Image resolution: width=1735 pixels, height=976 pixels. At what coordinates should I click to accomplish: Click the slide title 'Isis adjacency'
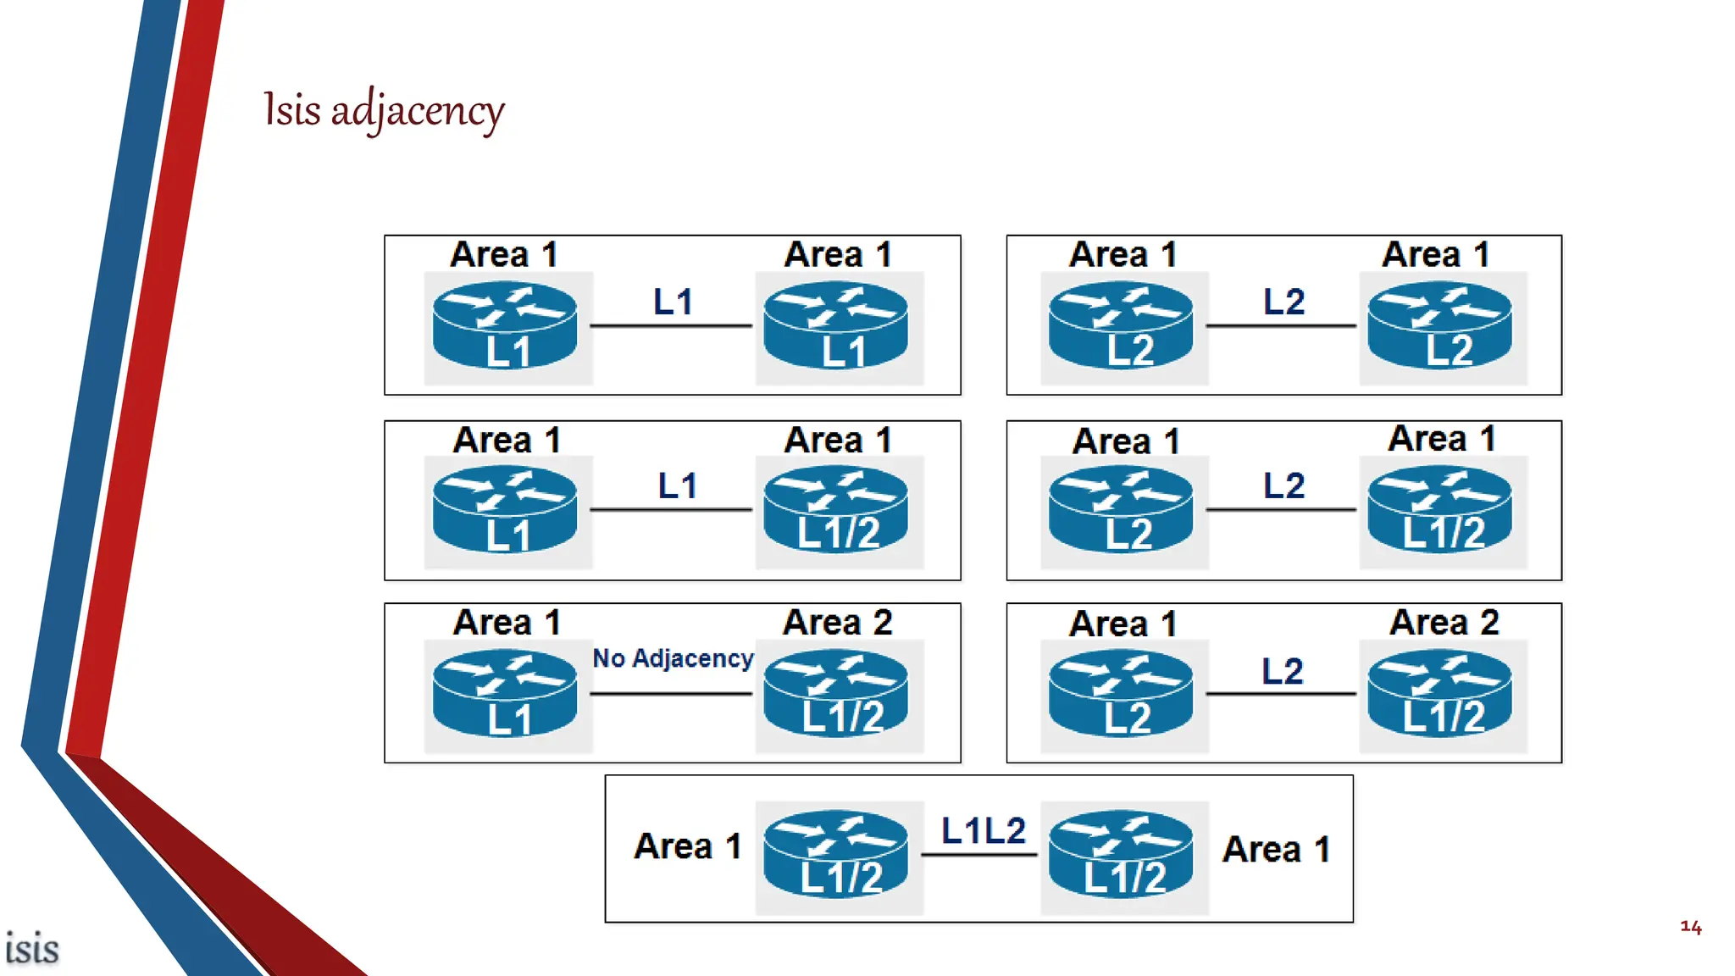click(x=383, y=110)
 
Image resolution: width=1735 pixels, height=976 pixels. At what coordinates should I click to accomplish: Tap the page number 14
click(x=1690, y=927)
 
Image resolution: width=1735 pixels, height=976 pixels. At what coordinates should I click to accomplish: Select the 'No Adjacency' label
click(x=673, y=658)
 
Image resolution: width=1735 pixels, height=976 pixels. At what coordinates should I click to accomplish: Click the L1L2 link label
click(x=983, y=831)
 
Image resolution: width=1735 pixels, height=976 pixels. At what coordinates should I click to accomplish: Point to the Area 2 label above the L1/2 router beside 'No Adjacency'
click(x=837, y=623)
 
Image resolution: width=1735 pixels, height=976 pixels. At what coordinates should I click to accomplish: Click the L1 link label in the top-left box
click(x=673, y=302)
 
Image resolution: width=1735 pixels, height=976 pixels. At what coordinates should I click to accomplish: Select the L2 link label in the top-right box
click(x=1283, y=302)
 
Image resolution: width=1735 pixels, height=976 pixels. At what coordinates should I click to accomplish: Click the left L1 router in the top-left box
click(x=505, y=326)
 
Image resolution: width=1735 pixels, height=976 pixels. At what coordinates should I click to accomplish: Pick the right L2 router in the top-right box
click(x=1440, y=326)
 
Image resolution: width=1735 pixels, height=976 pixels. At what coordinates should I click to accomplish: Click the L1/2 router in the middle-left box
click(x=836, y=510)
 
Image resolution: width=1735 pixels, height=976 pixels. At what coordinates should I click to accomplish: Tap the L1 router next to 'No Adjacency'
click(x=505, y=694)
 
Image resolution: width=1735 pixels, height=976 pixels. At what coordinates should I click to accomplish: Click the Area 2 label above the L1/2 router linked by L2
click(x=1444, y=623)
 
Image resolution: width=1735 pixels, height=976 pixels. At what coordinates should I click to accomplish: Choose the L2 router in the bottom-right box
click(x=1121, y=694)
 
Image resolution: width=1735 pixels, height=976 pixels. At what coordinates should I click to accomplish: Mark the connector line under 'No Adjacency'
click(x=671, y=694)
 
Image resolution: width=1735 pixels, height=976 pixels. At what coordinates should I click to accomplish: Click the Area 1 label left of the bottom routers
click(x=687, y=846)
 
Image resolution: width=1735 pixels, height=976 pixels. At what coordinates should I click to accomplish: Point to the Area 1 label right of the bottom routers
click(x=1276, y=850)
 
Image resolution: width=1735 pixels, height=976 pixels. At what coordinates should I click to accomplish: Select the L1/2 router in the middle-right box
click(x=1440, y=510)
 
